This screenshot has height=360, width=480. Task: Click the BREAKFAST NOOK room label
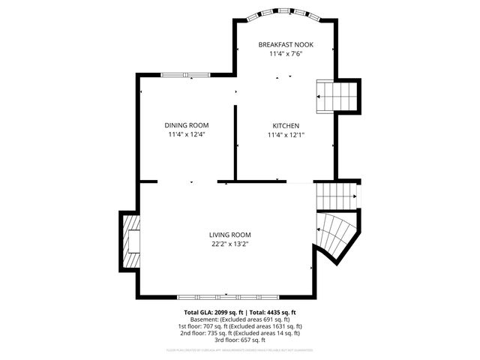[x=286, y=44]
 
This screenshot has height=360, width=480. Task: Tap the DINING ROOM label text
[x=187, y=125]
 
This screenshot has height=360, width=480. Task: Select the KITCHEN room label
[x=286, y=125]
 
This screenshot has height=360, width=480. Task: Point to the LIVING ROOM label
[x=229, y=235]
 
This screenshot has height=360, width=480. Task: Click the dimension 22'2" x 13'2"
[x=229, y=244]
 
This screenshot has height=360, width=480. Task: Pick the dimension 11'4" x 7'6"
[x=286, y=54]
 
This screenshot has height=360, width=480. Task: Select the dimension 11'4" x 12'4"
[x=187, y=135]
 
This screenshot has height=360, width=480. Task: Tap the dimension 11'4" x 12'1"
[x=286, y=135]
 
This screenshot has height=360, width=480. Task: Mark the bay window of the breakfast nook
[x=286, y=14]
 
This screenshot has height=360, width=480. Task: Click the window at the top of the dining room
[x=186, y=74]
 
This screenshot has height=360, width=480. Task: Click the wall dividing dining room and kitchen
[x=236, y=142]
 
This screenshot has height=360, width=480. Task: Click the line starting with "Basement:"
[x=240, y=319]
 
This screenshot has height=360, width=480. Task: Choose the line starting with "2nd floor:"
[x=240, y=333]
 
